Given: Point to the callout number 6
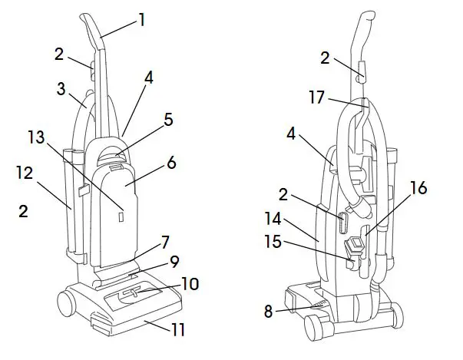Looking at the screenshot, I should coord(171,163).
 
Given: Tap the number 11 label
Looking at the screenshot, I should coord(178,330).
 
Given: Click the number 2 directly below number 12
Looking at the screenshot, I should coord(23,210).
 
